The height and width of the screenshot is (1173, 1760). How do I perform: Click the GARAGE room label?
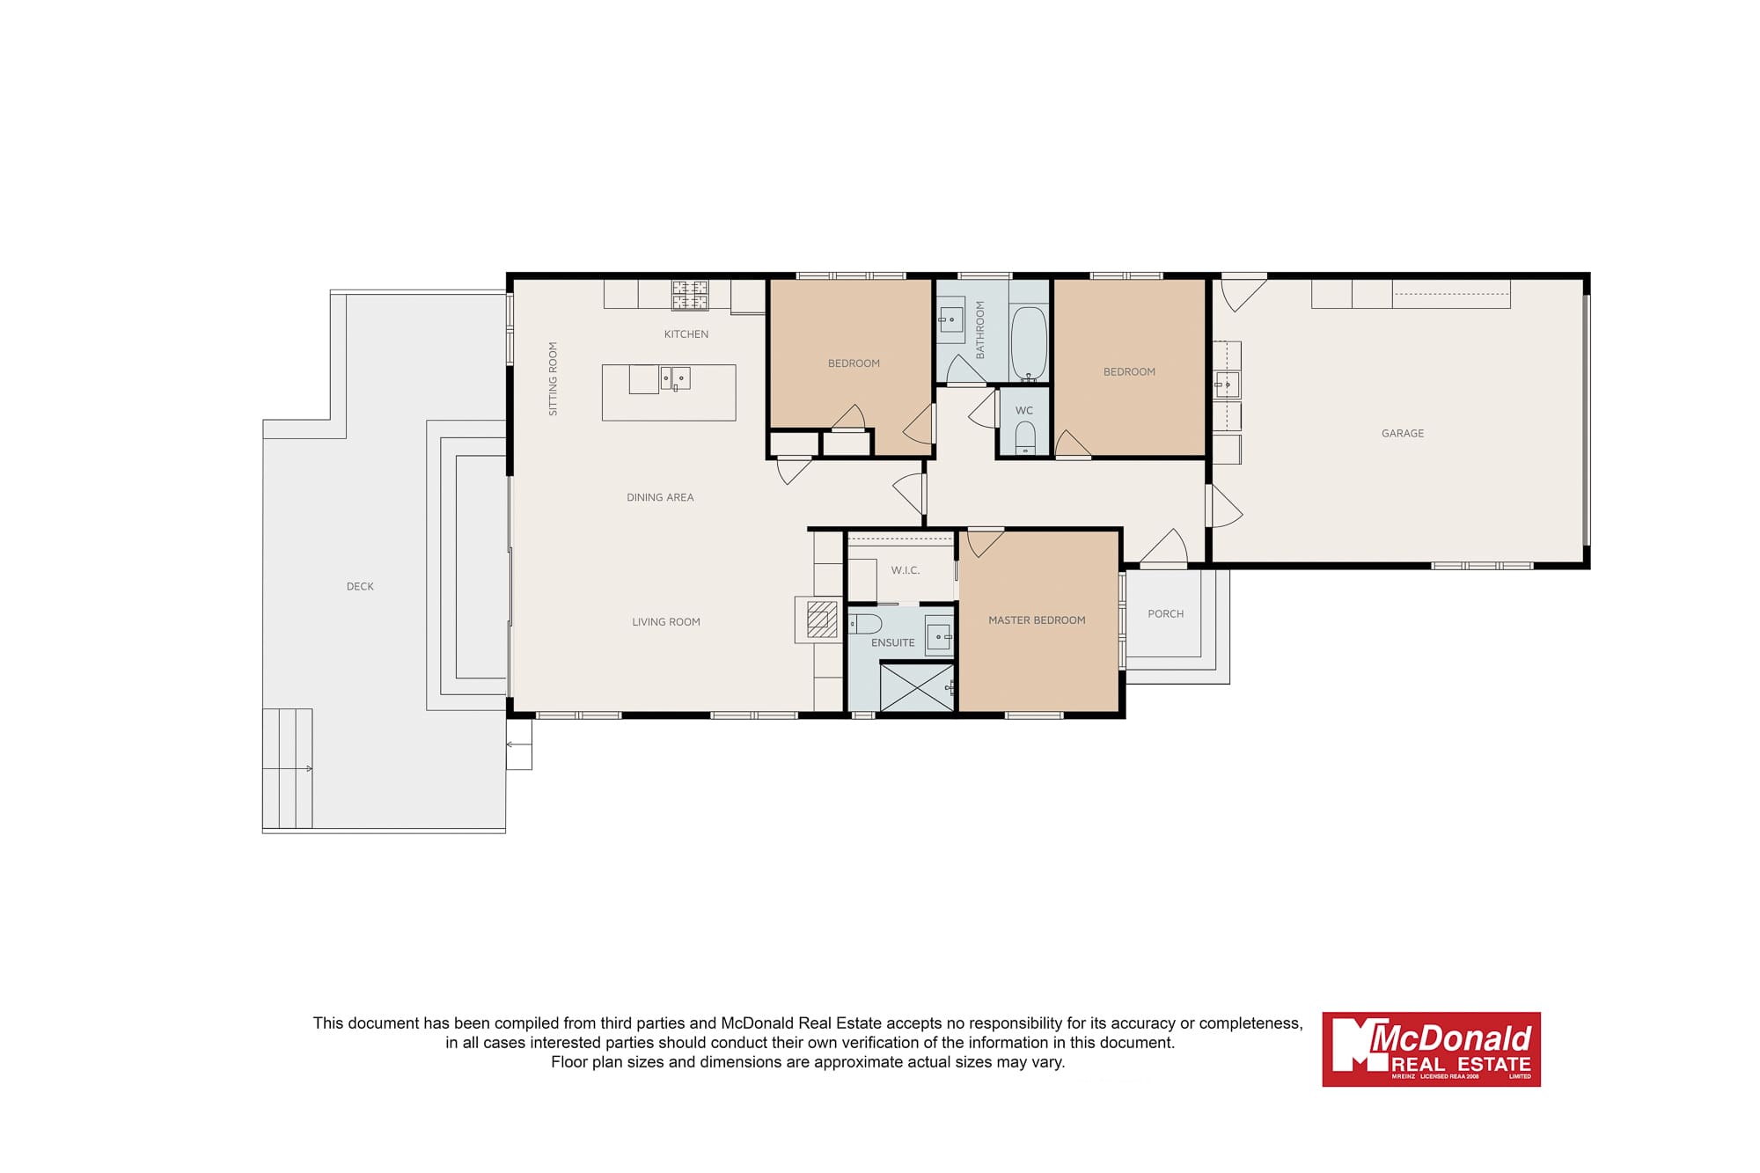click(1403, 433)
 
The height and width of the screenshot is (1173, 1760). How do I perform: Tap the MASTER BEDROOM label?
click(1037, 620)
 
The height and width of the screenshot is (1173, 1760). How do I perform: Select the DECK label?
click(360, 586)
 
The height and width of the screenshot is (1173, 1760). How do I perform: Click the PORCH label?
click(1166, 614)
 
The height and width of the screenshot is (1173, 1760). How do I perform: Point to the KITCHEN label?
click(686, 334)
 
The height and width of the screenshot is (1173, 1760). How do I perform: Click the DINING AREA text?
click(660, 498)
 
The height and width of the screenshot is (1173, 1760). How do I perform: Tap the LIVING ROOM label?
click(666, 622)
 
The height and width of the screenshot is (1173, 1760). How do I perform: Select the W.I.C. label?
click(906, 570)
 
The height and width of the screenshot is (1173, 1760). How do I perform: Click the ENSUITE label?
click(893, 642)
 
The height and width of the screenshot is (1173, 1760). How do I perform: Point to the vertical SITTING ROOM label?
click(554, 378)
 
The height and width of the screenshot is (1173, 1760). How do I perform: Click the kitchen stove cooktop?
click(690, 295)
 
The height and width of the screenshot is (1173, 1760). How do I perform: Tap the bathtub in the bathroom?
click(1028, 343)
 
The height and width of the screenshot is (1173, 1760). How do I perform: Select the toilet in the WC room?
click(1025, 438)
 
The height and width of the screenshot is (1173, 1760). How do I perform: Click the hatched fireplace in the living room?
click(822, 619)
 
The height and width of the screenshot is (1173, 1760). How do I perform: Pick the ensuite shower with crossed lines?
click(917, 687)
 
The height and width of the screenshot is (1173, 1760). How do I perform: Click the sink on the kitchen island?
click(676, 378)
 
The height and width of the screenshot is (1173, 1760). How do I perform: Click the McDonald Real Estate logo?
click(1431, 1049)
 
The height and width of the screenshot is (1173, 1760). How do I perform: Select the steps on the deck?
click(288, 768)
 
